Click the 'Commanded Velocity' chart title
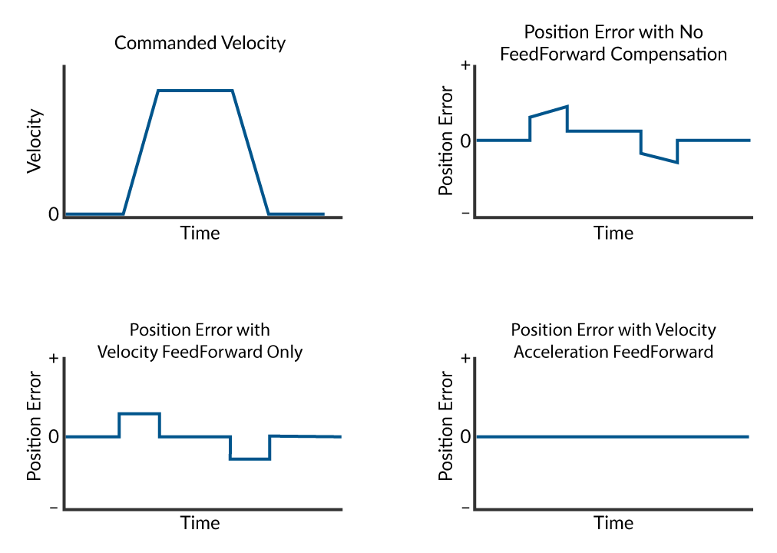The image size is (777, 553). [x=200, y=43]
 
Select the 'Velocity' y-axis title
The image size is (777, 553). [x=35, y=141]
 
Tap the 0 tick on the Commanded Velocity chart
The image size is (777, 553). [x=53, y=214]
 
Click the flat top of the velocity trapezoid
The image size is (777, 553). [x=195, y=91]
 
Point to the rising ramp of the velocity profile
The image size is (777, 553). [x=141, y=152]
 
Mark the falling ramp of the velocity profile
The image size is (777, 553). [x=250, y=152]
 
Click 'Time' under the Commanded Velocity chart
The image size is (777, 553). [x=200, y=233]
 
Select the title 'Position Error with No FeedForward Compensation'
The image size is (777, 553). [x=613, y=43]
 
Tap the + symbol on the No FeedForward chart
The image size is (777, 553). [x=465, y=66]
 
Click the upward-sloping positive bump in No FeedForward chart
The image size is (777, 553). [x=548, y=112]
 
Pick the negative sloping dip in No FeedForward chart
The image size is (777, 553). [x=659, y=157]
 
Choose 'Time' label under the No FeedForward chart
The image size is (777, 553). [x=613, y=233]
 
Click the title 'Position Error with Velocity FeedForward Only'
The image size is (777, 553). [x=200, y=341]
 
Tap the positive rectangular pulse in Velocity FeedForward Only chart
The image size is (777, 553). [x=139, y=414]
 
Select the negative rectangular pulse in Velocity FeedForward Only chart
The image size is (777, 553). [x=250, y=459]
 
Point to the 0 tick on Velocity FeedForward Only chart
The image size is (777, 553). [x=53, y=436]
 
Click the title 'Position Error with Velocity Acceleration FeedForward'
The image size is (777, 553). [x=613, y=341]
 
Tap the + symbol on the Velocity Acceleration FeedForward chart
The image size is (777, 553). [x=465, y=359]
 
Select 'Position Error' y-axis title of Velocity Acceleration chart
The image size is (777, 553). [x=446, y=436]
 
